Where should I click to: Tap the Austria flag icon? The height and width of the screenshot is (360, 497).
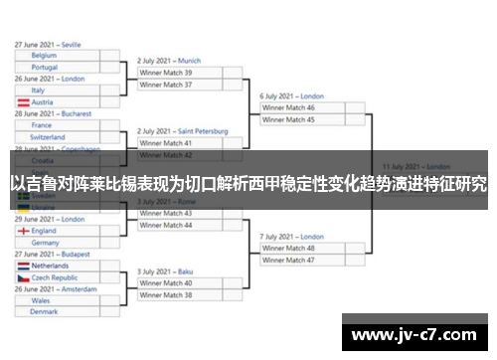23,102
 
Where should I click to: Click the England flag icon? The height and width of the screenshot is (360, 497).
23,231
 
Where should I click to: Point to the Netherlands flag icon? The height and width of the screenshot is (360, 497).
23,267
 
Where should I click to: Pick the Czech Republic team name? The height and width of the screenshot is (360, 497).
55,278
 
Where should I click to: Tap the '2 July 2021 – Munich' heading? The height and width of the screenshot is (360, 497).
169,61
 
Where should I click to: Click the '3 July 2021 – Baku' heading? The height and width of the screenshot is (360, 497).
165,271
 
